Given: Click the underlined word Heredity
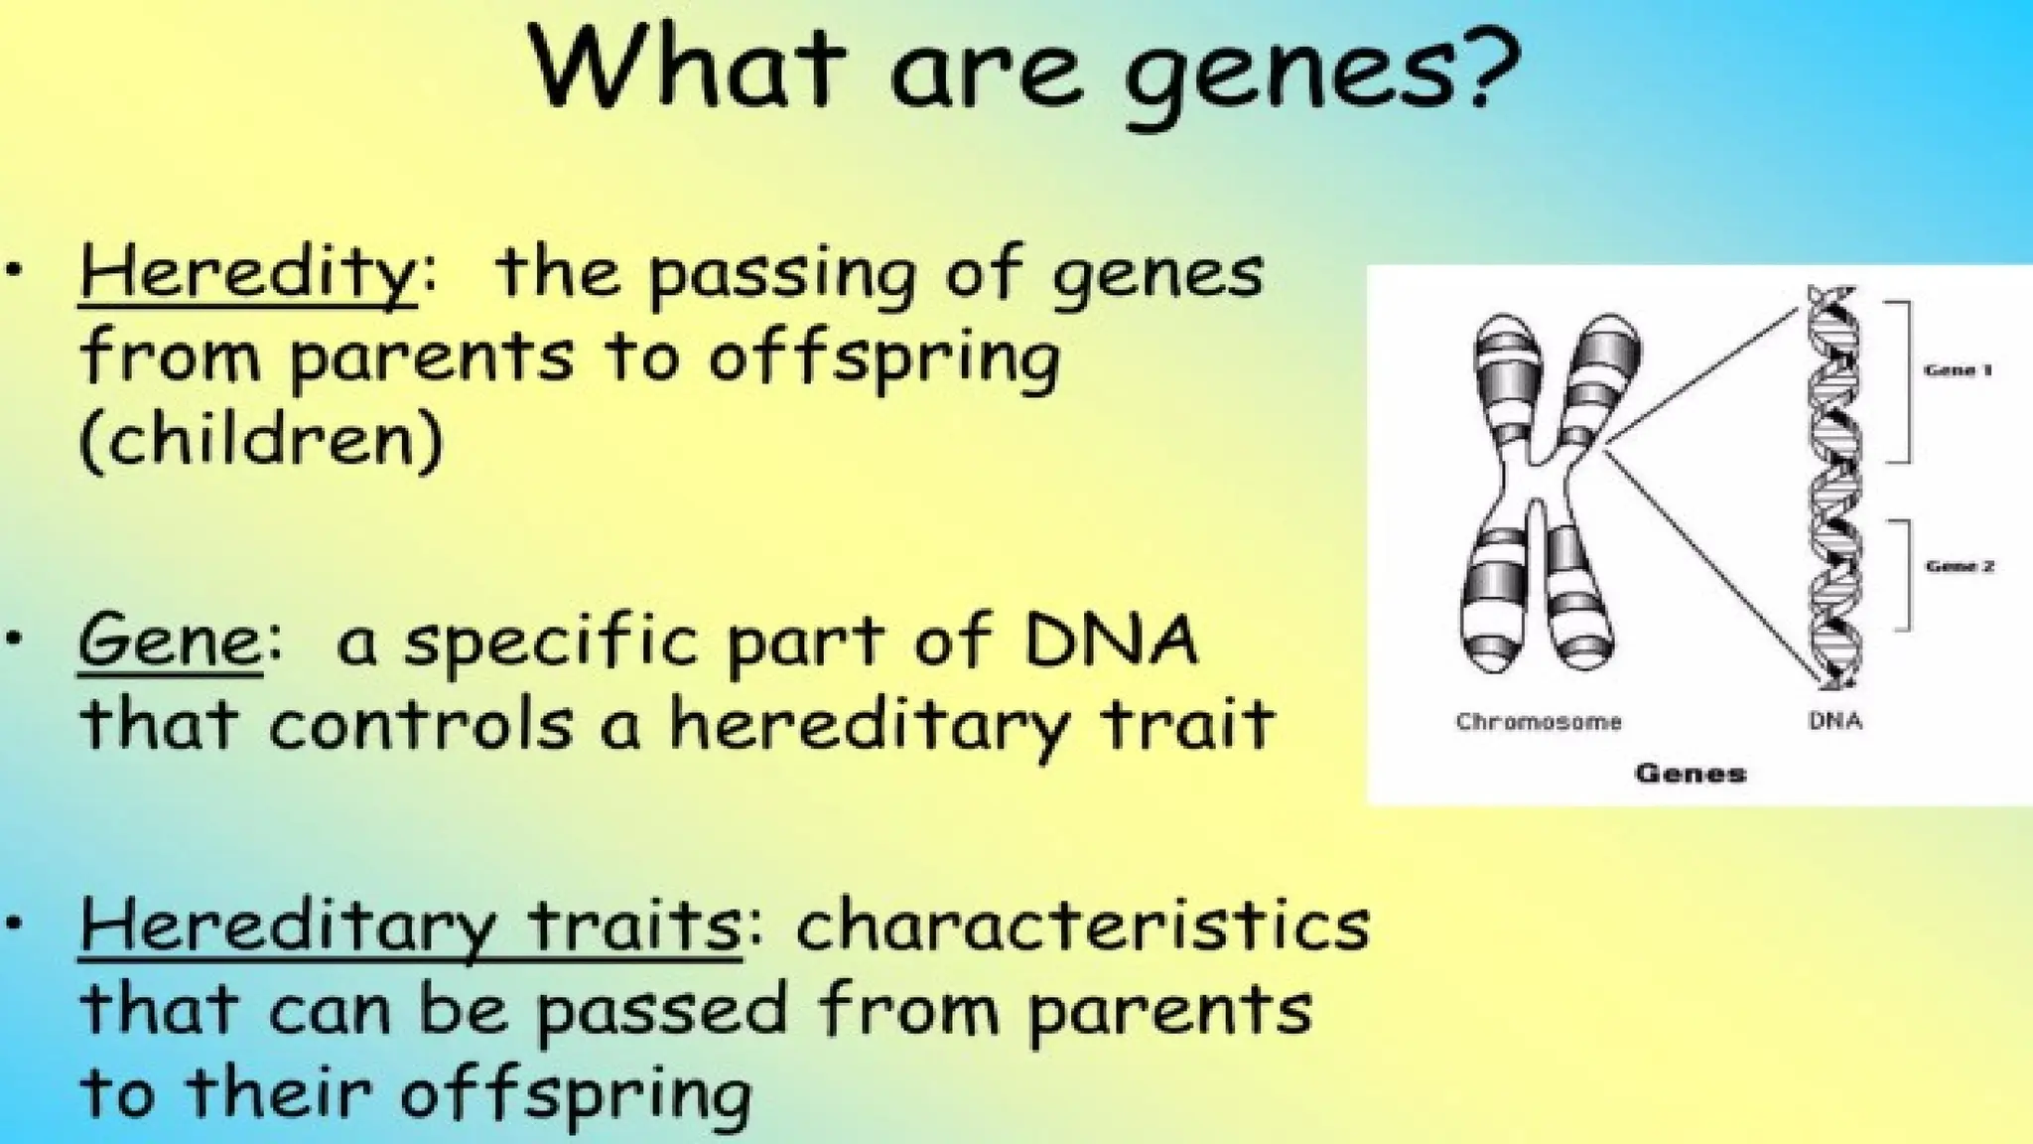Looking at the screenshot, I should (x=247, y=272).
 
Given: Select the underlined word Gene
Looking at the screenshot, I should (x=170, y=641).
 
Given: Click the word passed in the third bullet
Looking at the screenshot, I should (x=663, y=1011).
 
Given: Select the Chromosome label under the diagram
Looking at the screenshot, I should (x=1538, y=722).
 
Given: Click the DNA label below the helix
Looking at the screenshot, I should (x=1834, y=721).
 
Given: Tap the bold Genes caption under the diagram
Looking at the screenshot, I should (x=1690, y=773).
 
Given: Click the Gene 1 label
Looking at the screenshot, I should (x=1958, y=370).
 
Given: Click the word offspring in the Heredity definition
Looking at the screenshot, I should (x=883, y=357).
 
